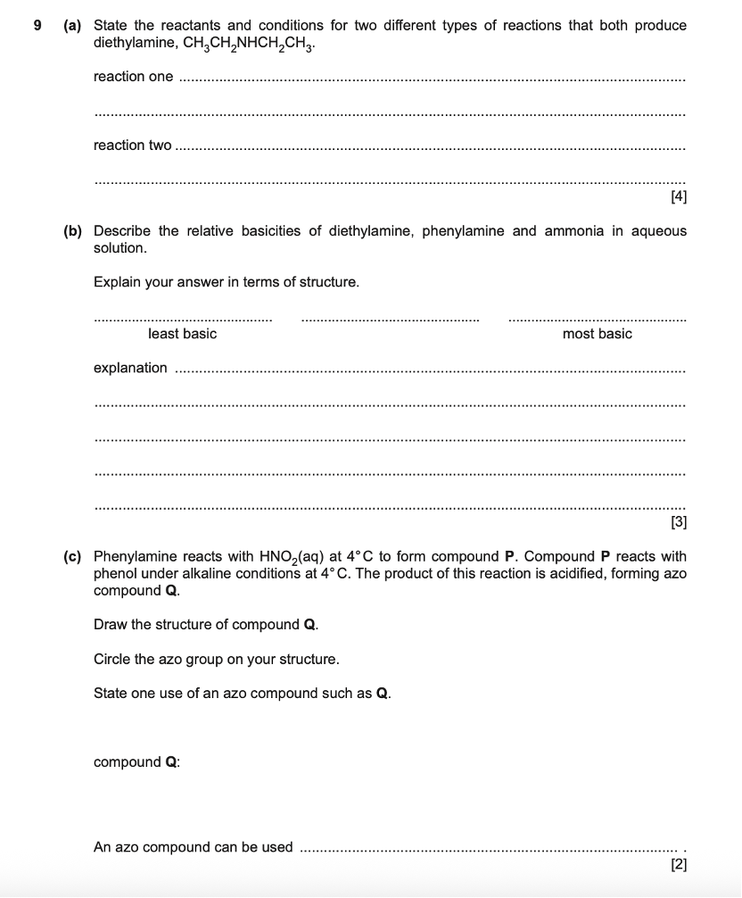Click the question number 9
pos(37,25)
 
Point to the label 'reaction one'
pos(133,77)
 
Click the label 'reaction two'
pos(132,146)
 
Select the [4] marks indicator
pos(677,196)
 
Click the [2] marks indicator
pos(677,864)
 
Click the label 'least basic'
pos(182,334)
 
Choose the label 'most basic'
pos(597,334)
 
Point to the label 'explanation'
pos(130,368)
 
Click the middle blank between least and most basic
pos(390,318)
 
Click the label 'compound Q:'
pos(136,762)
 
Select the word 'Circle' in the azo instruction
pos(113,660)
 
